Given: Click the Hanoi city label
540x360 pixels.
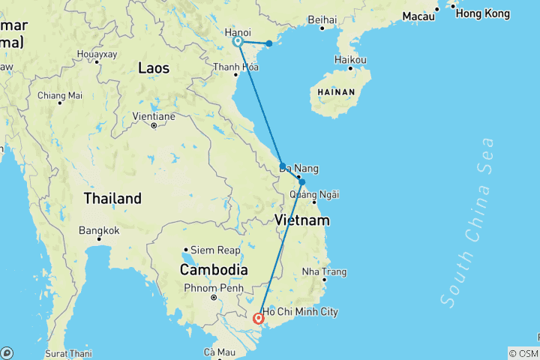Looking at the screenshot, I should click(238, 32).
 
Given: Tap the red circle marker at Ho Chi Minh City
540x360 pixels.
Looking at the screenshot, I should click(259, 319).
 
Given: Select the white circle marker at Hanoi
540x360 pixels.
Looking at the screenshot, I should click(238, 42).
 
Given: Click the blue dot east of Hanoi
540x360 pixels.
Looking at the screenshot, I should click(269, 43).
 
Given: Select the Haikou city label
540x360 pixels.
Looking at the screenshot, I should click(351, 59).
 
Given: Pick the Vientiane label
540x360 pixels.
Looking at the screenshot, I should click(154, 116).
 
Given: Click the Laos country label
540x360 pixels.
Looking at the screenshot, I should click(154, 68).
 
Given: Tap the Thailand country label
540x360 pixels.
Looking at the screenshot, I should click(112, 199).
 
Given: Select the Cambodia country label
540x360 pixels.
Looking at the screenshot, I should click(214, 269).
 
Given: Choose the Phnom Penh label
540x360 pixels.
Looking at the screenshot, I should click(205, 287).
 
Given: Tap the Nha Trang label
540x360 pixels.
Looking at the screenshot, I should click(324, 271).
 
